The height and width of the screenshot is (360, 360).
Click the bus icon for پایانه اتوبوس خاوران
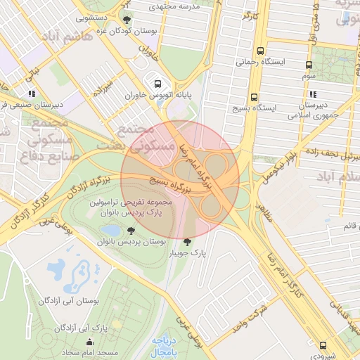coord(157,82)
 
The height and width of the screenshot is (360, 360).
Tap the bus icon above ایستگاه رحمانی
coord(261,51)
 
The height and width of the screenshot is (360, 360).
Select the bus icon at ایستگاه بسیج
coord(254,98)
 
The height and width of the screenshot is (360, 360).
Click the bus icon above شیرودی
coord(323,345)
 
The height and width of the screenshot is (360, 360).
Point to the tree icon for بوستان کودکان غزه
coord(127,20)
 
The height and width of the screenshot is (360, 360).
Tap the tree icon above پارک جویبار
coord(186,243)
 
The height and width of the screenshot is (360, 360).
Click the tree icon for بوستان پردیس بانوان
coord(131,230)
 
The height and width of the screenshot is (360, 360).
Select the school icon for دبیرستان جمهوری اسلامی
coord(312,94)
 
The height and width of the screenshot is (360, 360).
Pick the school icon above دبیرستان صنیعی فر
coord(32,93)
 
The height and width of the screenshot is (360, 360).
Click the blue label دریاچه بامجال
coord(168,345)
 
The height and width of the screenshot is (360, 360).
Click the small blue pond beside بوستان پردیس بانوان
coord(112,230)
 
